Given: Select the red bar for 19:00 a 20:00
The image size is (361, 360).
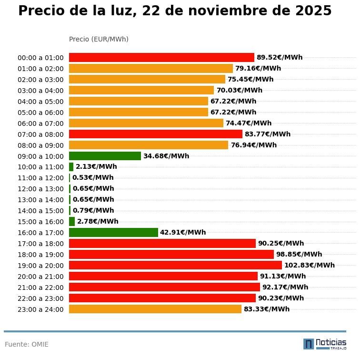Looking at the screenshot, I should pyautogui.click(x=175, y=265).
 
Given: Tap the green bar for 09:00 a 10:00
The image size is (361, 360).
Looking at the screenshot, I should pyautogui.click(x=105, y=156).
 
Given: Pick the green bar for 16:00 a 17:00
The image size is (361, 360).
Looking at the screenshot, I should pyautogui.click(x=113, y=232).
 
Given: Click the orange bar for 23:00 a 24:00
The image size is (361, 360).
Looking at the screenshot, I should pyautogui.click(x=155, y=309).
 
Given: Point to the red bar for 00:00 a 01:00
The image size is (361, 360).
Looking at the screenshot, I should pyautogui.click(x=161, y=57).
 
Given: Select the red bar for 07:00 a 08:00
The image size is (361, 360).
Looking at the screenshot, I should pyautogui.click(x=156, y=134).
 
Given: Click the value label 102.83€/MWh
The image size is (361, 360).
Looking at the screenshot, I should pyautogui.click(x=309, y=265).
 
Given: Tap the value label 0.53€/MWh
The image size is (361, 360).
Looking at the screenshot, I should pyautogui.click(x=93, y=178).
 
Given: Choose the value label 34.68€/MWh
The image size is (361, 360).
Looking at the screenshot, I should pyautogui.click(x=166, y=156).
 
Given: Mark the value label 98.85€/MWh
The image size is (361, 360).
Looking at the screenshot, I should pyautogui.click(x=299, y=254).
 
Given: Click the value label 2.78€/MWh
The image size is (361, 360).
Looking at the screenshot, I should pyautogui.click(x=98, y=221).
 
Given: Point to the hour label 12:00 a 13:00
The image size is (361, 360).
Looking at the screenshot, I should pyautogui.click(x=40, y=189).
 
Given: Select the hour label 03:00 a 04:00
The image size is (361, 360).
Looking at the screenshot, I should pyautogui.click(x=40, y=91).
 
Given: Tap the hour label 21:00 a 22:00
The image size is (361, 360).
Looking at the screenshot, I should pyautogui.click(x=40, y=288).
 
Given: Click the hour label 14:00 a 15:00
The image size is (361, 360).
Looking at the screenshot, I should pyautogui.click(x=40, y=211).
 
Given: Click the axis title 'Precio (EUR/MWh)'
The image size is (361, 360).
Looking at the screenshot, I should pyautogui.click(x=99, y=39).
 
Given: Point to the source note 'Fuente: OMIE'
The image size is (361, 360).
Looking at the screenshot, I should pyautogui.click(x=27, y=344).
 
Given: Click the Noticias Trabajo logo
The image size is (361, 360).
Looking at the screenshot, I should pyautogui.click(x=325, y=344).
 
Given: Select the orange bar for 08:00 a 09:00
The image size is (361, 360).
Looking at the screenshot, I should pyautogui.click(x=149, y=145).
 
